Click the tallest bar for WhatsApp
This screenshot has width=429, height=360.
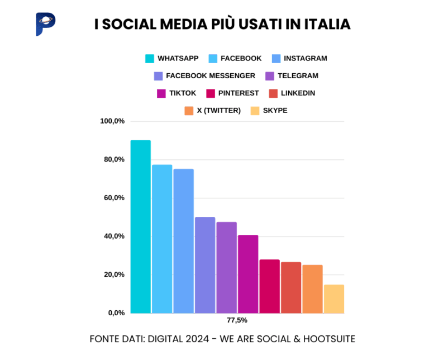click(140, 226)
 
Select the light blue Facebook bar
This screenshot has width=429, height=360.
click(162, 239)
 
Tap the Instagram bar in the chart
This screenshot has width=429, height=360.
click(183, 241)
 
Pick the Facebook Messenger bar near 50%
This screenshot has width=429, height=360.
click(205, 265)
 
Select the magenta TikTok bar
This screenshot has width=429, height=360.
click(248, 274)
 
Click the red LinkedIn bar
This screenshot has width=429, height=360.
click(291, 287)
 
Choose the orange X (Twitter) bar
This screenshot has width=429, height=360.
click(312, 289)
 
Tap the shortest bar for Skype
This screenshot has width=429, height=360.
click(334, 299)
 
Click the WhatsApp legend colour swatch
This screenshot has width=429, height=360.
click(149, 58)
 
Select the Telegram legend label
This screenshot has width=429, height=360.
click(298, 75)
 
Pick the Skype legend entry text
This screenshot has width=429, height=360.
click(275, 110)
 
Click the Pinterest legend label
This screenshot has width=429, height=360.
click(239, 93)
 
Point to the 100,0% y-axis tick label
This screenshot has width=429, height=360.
click(112, 121)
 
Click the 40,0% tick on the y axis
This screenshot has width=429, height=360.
click(114, 236)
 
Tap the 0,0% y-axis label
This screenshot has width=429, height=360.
click(116, 313)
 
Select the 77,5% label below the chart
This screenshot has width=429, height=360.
click(237, 321)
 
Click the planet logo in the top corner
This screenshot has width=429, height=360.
click(45, 24)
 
